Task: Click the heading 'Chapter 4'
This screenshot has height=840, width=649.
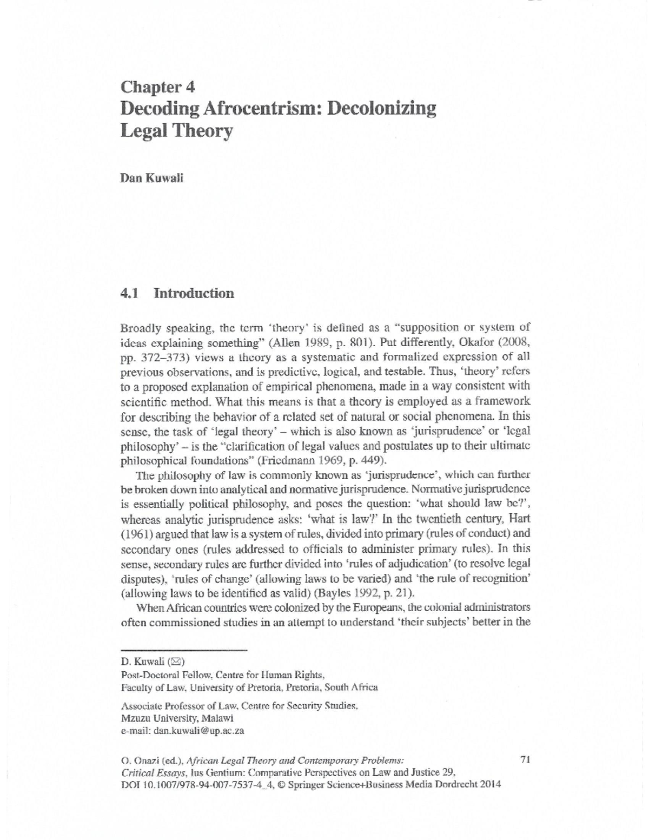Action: pyautogui.click(x=157, y=87)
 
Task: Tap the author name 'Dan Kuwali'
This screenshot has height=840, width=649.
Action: pyautogui.click(x=152, y=179)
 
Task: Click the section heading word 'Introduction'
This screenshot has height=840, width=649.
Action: pyautogui.click(x=194, y=294)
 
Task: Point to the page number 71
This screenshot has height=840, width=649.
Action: pyautogui.click(x=524, y=759)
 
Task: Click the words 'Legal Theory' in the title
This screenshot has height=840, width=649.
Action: pyautogui.click(x=176, y=131)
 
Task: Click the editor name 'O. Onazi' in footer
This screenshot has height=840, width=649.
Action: pyautogui.click(x=139, y=760)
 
